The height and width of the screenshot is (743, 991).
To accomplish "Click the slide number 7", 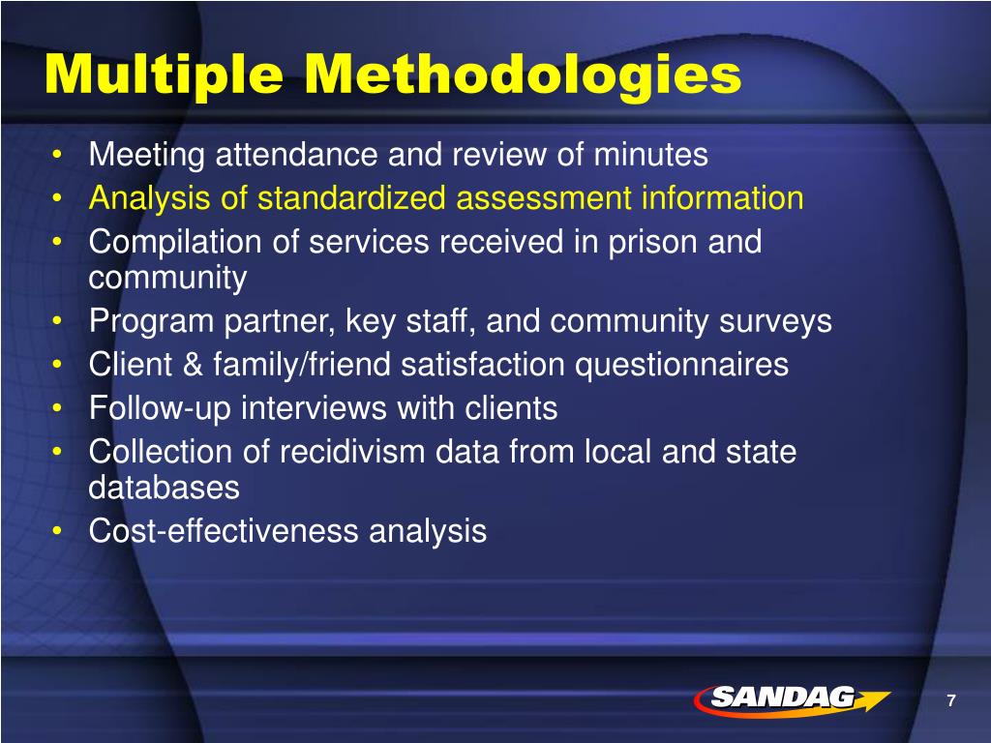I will point(951,701).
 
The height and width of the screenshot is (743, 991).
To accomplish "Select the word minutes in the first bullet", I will point(651,155).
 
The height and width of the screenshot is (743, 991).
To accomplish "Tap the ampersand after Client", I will point(180,366).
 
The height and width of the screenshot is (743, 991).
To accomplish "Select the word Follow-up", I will point(160,408).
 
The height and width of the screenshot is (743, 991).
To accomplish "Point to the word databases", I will point(164,488).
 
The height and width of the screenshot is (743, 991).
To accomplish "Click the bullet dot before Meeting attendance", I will point(60,156).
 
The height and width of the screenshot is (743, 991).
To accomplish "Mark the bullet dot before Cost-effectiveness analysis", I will point(60,532).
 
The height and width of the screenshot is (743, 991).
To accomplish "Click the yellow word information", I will point(722,199).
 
